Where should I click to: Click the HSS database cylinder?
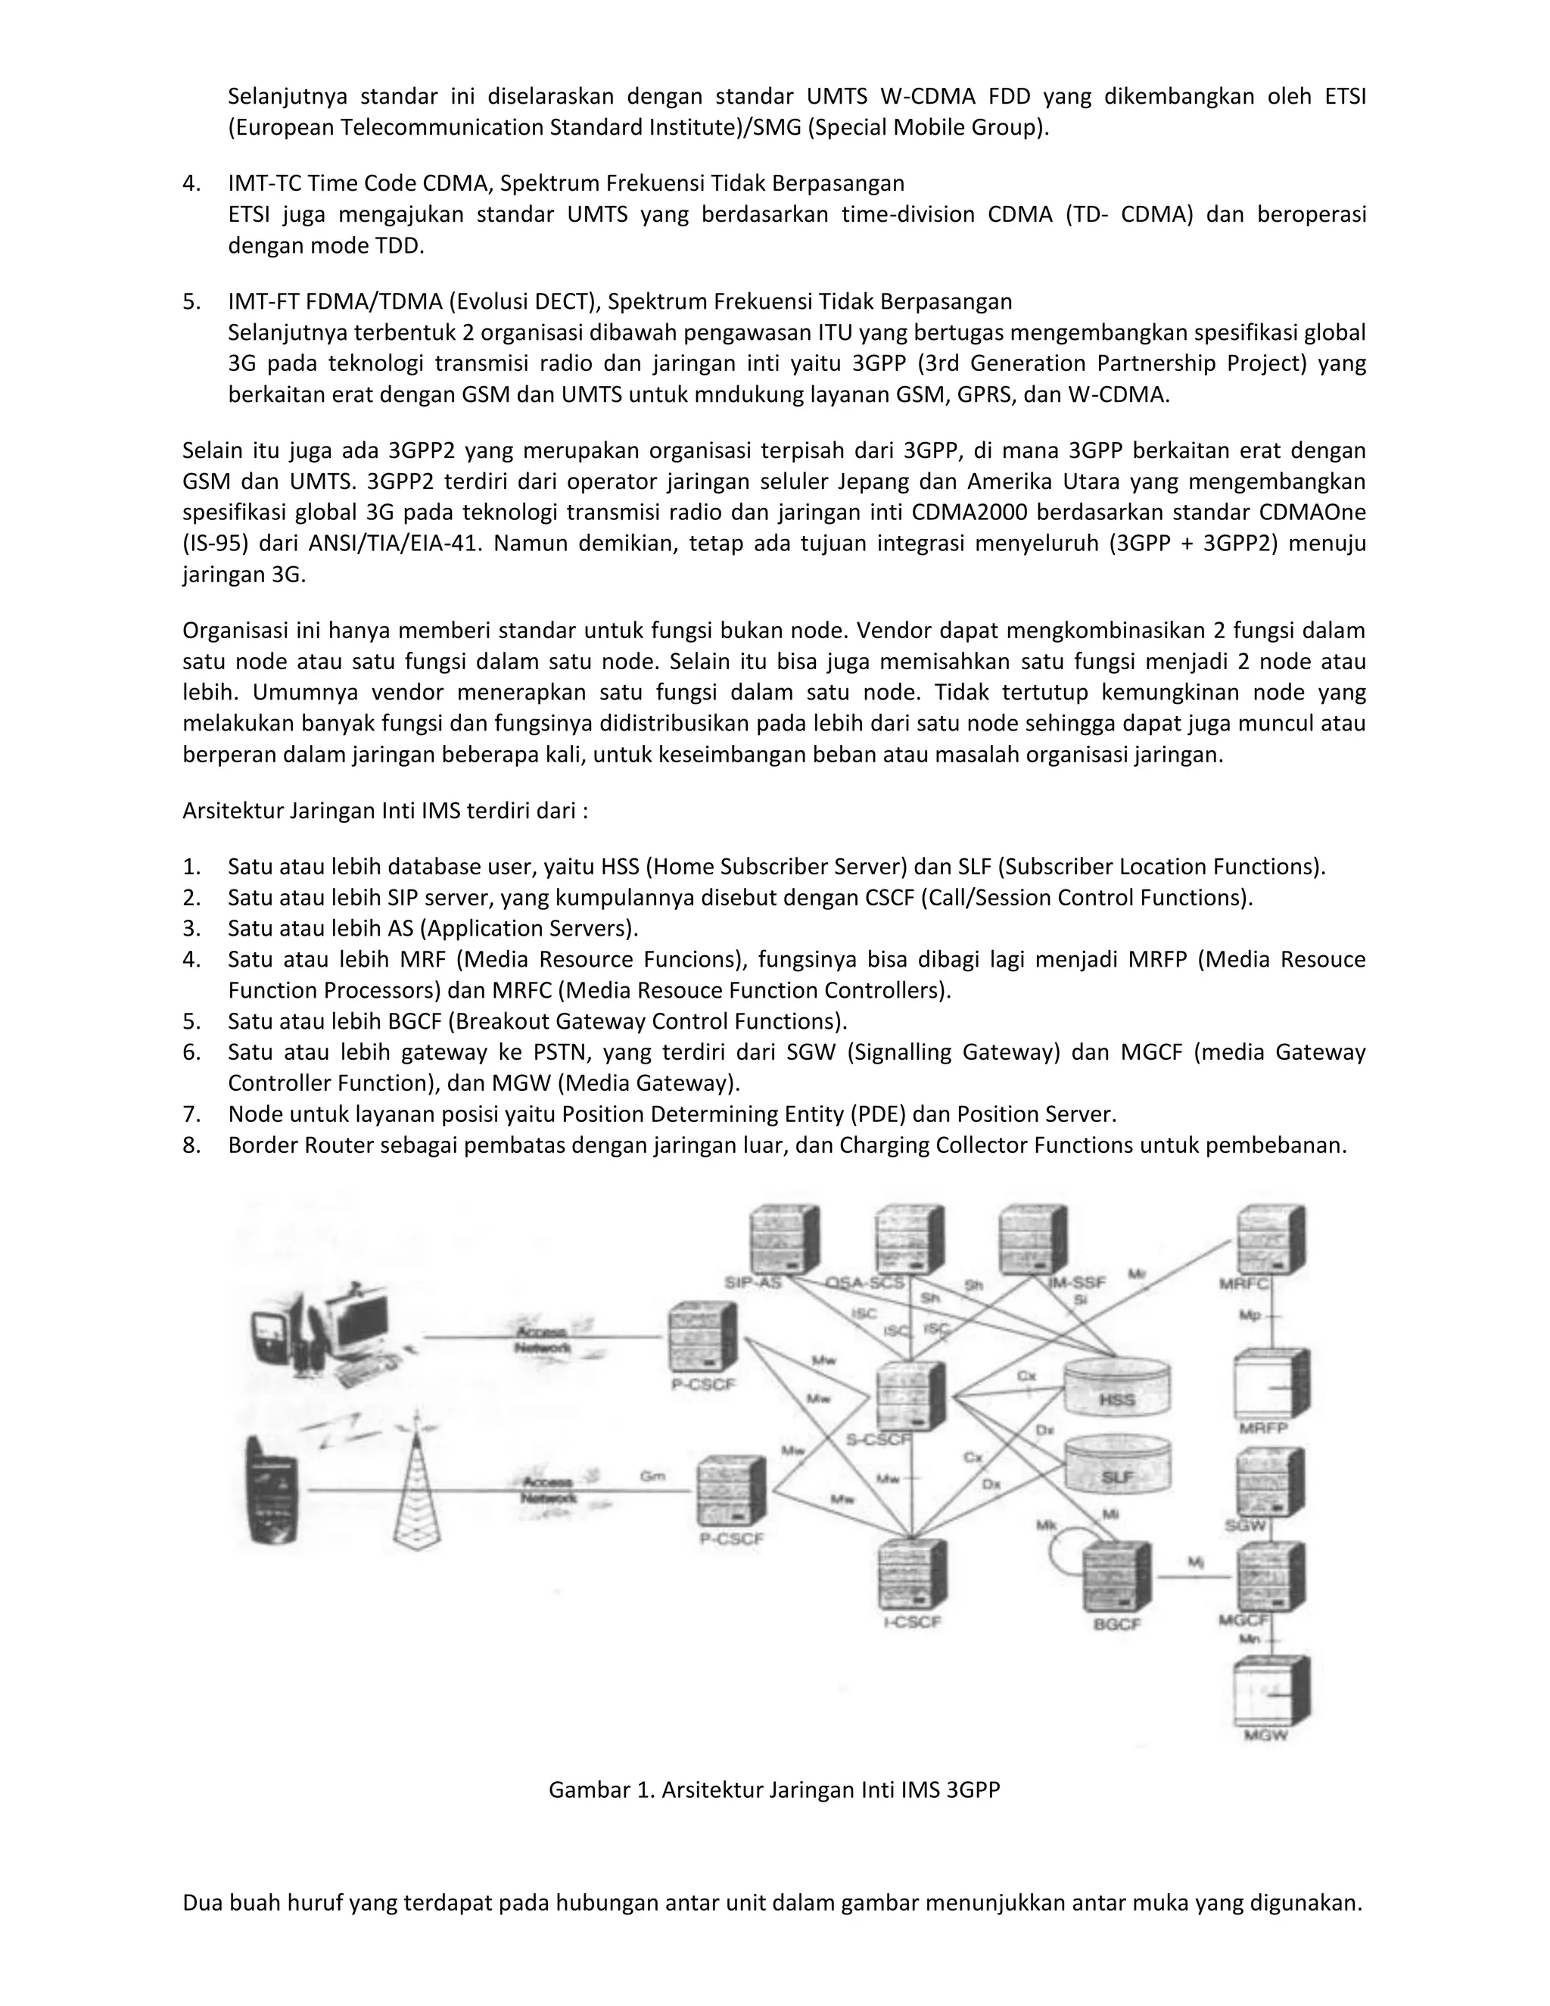[x=1116, y=1387]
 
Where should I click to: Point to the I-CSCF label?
[x=912, y=1621]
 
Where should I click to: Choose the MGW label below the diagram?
[x=1265, y=1735]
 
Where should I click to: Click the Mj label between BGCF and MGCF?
[x=1194, y=1561]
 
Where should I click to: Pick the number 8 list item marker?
[x=191, y=1145]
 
